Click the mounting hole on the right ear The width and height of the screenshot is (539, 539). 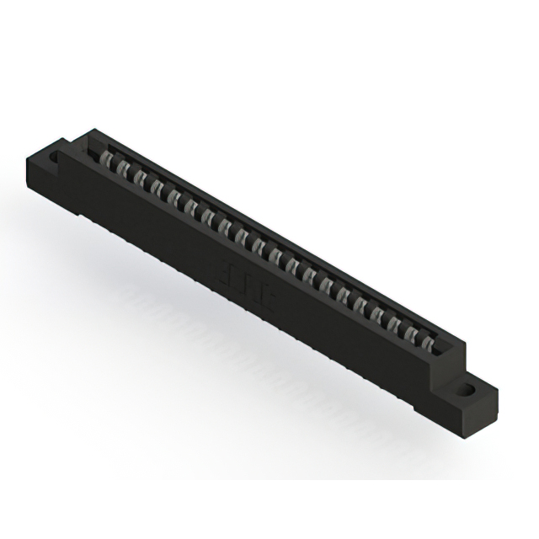coord(465,390)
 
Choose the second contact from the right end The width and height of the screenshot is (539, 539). coord(409,334)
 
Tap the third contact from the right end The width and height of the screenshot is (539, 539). coord(393,325)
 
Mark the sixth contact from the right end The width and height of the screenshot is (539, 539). coord(343,296)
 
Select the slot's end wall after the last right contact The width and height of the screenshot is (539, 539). coord(441,345)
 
